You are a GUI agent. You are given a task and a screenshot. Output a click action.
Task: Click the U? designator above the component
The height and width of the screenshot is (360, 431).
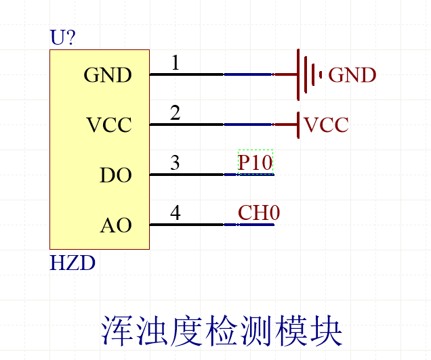[63, 38]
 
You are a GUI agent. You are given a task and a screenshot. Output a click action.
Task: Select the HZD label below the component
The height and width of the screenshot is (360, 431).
[73, 263]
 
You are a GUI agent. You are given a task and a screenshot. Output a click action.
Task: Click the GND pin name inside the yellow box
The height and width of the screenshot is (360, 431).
[108, 75]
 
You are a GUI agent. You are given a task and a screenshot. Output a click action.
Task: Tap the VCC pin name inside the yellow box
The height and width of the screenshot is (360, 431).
[109, 125]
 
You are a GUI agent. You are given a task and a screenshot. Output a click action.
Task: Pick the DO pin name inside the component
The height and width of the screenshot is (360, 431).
[116, 175]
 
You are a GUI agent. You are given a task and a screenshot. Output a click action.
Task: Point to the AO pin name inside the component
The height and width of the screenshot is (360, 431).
[116, 225]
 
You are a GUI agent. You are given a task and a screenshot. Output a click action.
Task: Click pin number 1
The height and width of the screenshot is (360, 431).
[176, 64]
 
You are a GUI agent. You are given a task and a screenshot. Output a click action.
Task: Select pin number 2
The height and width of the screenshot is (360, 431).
[176, 113]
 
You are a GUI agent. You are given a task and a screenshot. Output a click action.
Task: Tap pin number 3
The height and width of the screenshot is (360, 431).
[176, 163]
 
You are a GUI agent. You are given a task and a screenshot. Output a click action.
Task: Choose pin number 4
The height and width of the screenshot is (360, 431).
[176, 213]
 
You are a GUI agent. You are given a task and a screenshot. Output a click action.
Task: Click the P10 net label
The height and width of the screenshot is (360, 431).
[255, 162]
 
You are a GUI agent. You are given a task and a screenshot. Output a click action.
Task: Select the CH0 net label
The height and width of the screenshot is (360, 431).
[259, 213]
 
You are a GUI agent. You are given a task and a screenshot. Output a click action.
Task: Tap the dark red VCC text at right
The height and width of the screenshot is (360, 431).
[327, 125]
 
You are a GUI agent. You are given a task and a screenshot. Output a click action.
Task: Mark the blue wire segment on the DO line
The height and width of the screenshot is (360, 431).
[249, 175]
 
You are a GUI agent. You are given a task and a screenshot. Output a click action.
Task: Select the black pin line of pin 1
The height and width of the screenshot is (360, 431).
[186, 74]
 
